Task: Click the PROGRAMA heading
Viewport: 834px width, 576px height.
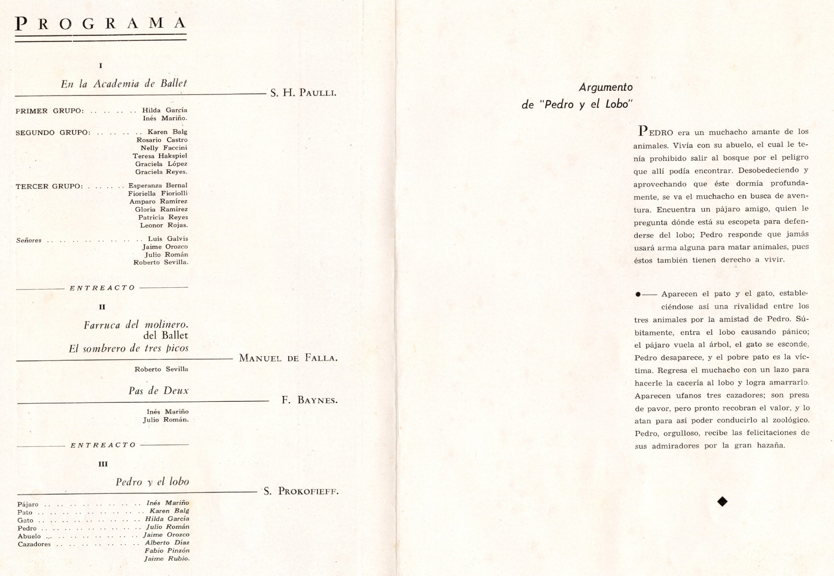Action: (x=100, y=24)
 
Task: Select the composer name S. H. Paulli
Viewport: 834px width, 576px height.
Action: (x=303, y=93)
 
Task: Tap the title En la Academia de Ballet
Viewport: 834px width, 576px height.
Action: (x=124, y=84)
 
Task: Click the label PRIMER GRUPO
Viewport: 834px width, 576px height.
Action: (x=50, y=111)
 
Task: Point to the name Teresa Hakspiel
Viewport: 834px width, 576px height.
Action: (x=160, y=156)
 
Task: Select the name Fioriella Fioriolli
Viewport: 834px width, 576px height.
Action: (x=158, y=193)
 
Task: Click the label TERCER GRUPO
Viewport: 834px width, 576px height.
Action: (x=49, y=186)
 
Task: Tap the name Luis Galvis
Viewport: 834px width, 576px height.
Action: (x=168, y=239)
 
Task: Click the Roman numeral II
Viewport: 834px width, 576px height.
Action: (x=102, y=307)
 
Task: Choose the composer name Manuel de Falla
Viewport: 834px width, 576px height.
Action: (x=288, y=358)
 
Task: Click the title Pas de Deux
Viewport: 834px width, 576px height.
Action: (x=158, y=391)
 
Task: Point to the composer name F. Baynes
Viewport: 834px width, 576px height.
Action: (x=309, y=400)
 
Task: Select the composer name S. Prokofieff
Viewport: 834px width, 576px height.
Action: (x=301, y=491)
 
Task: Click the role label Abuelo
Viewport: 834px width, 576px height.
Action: (x=29, y=536)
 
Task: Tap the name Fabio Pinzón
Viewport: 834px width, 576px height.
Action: (x=167, y=550)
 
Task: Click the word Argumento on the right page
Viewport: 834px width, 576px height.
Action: (x=606, y=87)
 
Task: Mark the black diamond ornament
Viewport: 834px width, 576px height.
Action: (x=722, y=501)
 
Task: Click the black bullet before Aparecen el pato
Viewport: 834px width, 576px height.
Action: (x=638, y=294)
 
